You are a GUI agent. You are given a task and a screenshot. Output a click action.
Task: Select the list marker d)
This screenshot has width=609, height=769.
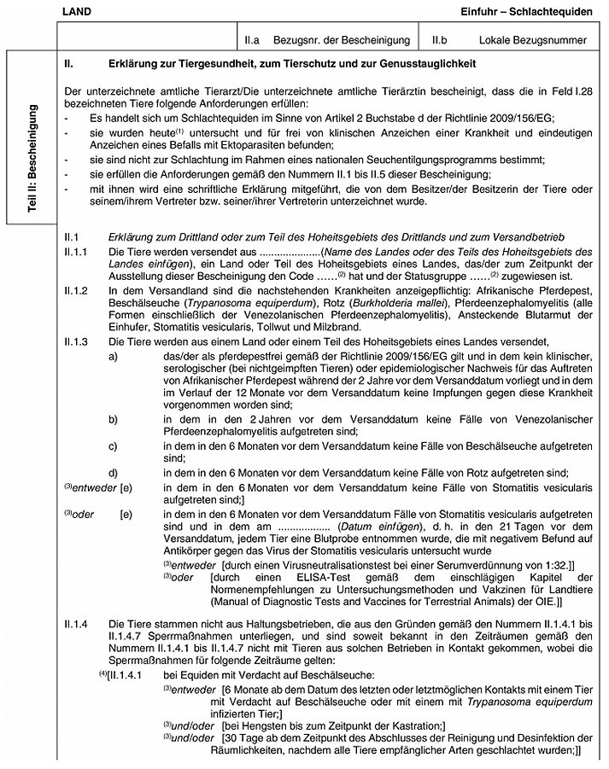tap(114, 473)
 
